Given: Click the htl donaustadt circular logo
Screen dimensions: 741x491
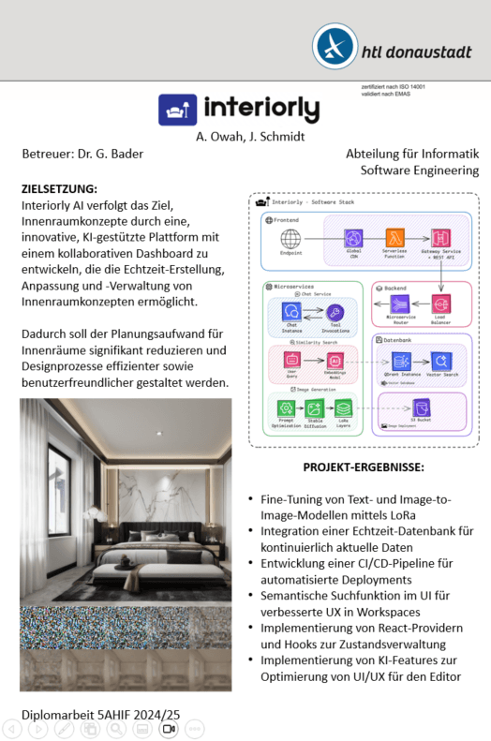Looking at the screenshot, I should coord(335,46).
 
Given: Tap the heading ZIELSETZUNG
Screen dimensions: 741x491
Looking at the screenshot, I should coord(59,188).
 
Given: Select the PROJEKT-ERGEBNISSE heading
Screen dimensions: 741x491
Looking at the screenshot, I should coord(364,467).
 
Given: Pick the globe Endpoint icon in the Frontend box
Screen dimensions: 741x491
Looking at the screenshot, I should coord(290,238).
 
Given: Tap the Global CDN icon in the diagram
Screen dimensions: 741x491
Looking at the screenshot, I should coord(353,238).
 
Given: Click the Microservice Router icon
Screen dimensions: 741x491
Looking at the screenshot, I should coord(400,303).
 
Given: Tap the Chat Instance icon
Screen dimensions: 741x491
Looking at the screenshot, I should coord(290,310).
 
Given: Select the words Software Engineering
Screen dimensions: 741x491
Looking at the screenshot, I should coord(420,170).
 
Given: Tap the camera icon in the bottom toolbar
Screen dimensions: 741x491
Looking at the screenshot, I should coord(169,728).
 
